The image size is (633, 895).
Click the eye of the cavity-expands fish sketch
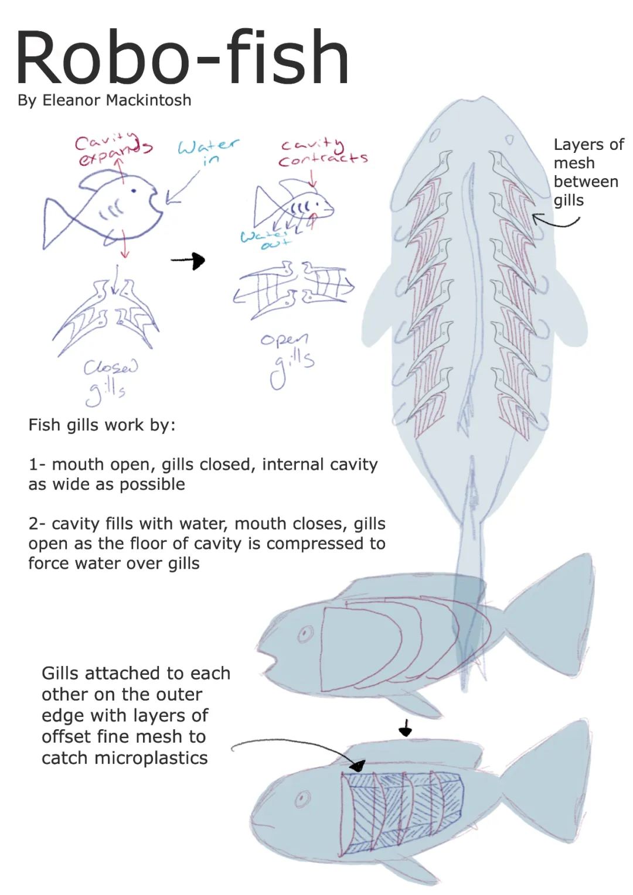pyautogui.click(x=134, y=190)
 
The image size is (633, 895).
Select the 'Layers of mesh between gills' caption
pyautogui.click(x=588, y=172)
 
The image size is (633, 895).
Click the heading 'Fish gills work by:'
pyautogui.click(x=102, y=425)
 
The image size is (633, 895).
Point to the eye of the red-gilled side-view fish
pyautogui.click(x=305, y=633)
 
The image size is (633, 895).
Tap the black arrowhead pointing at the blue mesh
pyautogui.click(x=357, y=765)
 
